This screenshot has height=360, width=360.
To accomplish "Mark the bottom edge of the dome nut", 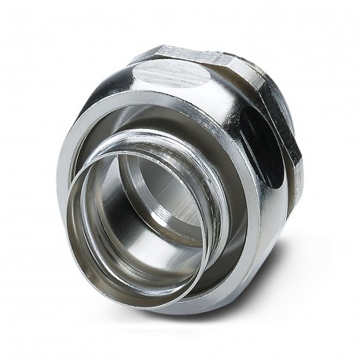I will pyautogui.click(x=197, y=310).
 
